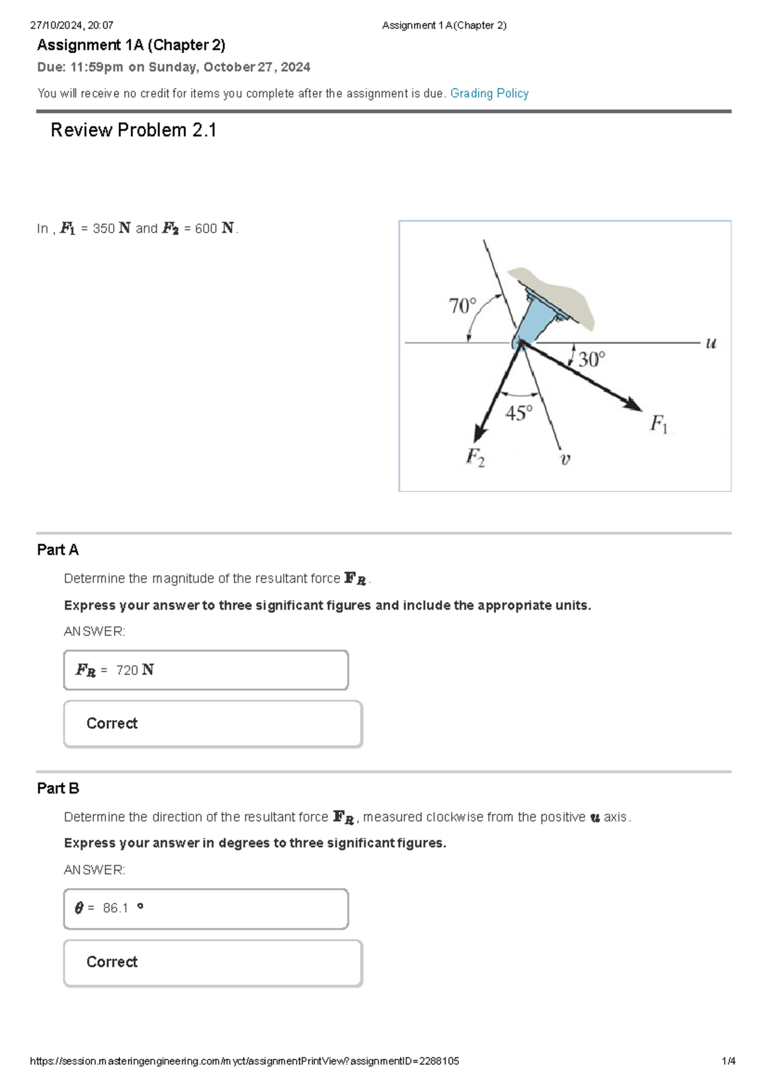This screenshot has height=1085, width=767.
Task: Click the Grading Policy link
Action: pyautogui.click(x=489, y=93)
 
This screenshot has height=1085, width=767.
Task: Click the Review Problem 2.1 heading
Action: pyautogui.click(x=134, y=130)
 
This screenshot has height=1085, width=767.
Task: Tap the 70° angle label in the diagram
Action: pyautogui.click(x=462, y=306)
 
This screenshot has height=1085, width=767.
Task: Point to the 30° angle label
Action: pyautogui.click(x=591, y=359)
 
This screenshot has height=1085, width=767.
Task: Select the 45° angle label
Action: pyautogui.click(x=518, y=413)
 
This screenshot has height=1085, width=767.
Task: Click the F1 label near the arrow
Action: pyautogui.click(x=658, y=424)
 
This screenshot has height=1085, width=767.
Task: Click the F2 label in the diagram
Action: pyautogui.click(x=475, y=457)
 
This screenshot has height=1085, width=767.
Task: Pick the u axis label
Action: pyautogui.click(x=711, y=343)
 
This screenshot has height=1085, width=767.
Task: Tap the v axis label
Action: pyautogui.click(x=565, y=459)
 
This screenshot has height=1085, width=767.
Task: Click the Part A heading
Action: pyautogui.click(x=58, y=550)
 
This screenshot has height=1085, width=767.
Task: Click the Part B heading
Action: pyautogui.click(x=58, y=789)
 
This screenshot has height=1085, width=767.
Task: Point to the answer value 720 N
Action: pyautogui.click(x=135, y=670)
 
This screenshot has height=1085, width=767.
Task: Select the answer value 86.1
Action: pyautogui.click(x=116, y=908)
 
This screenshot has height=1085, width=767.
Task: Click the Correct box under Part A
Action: pyautogui.click(x=213, y=723)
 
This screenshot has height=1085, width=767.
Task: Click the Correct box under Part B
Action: pyautogui.click(x=213, y=962)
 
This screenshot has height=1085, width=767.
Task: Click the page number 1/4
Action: pyautogui.click(x=728, y=1061)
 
